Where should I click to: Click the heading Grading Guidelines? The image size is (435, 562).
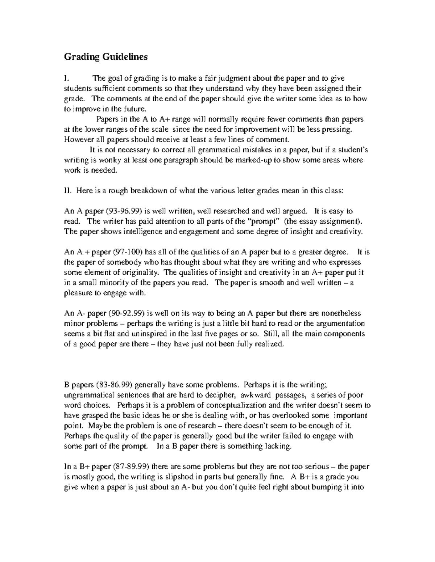coord(106,57)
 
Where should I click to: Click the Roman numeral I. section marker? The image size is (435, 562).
coord(66,78)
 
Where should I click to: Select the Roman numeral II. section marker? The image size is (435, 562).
coord(68,191)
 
